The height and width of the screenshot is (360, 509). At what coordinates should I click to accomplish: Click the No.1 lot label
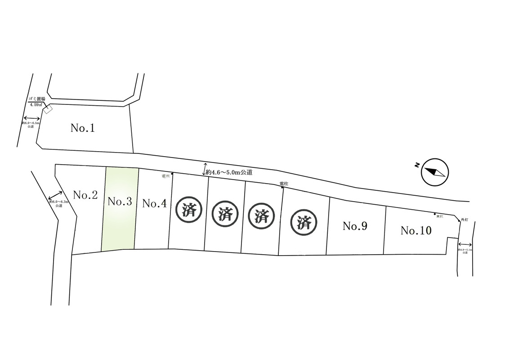click(x=83, y=128)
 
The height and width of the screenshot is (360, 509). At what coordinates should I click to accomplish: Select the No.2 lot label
click(x=85, y=195)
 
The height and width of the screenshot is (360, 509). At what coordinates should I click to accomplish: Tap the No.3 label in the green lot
click(x=120, y=202)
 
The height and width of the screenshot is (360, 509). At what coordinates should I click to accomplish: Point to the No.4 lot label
click(x=154, y=203)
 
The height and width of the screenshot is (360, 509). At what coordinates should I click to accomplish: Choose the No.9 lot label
click(x=355, y=226)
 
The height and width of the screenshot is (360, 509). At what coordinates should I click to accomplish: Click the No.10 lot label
click(x=416, y=231)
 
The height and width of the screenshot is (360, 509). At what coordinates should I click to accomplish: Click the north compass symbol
click(x=434, y=171)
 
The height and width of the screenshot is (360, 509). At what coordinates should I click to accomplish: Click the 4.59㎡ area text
click(x=36, y=104)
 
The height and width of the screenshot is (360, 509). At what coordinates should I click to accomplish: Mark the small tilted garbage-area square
click(x=48, y=109)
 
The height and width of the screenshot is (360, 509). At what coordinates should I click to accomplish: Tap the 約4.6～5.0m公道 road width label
click(x=229, y=172)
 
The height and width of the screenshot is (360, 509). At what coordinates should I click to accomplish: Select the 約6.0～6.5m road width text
click(x=31, y=123)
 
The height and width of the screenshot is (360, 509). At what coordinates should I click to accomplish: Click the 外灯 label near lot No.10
click(x=464, y=219)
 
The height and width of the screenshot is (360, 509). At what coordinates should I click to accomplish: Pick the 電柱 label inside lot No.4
click(x=165, y=176)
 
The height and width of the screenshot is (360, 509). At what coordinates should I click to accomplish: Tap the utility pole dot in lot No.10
click(x=435, y=214)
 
